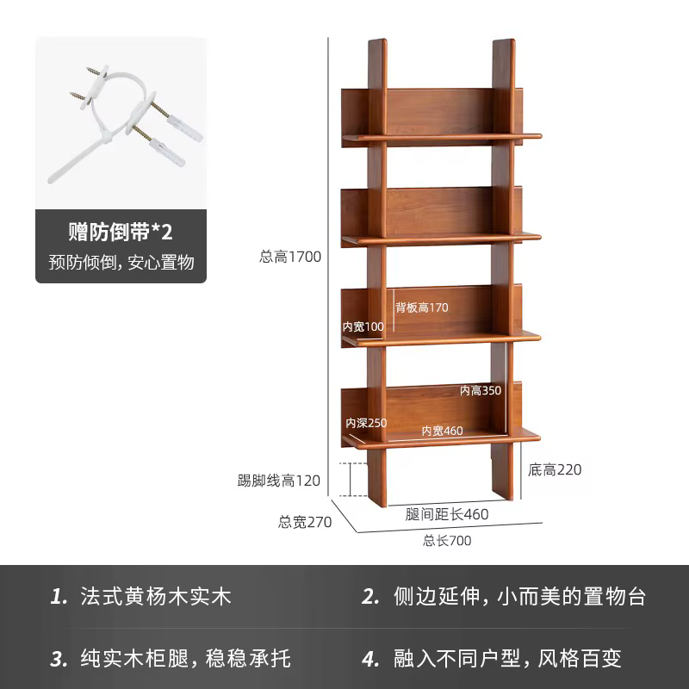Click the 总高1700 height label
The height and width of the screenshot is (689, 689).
coord(290,257)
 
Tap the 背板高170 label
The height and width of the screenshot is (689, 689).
coord(421,307)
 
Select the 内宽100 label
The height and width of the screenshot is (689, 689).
coord(363,326)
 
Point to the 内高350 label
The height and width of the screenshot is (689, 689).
coord(481,390)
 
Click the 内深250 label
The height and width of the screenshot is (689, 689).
coord(366,423)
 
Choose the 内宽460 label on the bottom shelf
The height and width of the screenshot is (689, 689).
coord(442,431)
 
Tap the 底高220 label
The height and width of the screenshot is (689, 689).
coord(555,469)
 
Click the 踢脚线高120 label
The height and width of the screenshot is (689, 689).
coord(278,481)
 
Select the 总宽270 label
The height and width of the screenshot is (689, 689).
coord(305,522)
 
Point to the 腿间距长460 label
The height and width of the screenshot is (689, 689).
coord(446,514)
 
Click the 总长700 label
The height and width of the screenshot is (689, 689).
coord(447,541)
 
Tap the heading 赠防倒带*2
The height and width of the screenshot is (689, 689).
coord(121,232)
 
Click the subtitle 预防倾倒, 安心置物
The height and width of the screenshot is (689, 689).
coord(121,263)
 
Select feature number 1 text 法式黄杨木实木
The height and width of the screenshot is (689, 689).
coord(156,597)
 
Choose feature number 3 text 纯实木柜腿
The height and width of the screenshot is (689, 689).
coord(134,659)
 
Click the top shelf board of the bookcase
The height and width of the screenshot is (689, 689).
coord(442,137)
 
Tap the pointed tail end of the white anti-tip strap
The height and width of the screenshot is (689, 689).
coord(51,180)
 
